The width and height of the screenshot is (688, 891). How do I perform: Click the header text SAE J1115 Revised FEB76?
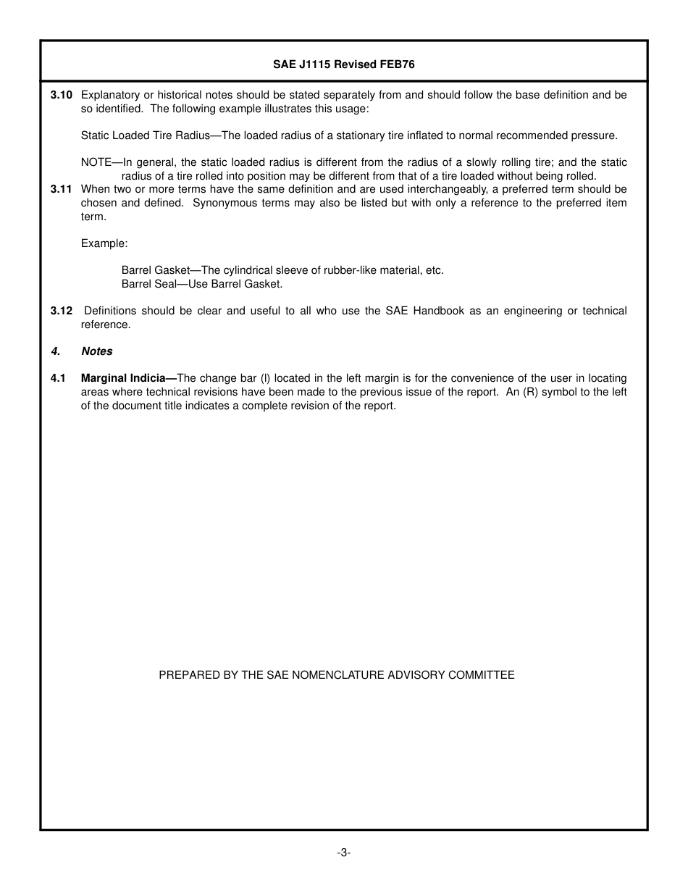pyautogui.click(x=343, y=64)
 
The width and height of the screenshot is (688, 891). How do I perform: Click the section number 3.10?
pyautogui.click(x=62, y=95)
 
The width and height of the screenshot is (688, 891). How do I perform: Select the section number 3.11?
pyautogui.click(x=62, y=189)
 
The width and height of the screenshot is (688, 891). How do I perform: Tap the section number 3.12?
pyautogui.click(x=62, y=311)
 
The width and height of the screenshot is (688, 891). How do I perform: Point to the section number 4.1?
pyautogui.click(x=58, y=378)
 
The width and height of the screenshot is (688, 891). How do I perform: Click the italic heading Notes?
pyautogui.click(x=97, y=351)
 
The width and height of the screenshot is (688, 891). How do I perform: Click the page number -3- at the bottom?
pyautogui.click(x=343, y=853)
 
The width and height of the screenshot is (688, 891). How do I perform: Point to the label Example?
pyautogui.click(x=104, y=243)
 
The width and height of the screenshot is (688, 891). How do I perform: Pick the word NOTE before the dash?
pyautogui.click(x=96, y=162)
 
